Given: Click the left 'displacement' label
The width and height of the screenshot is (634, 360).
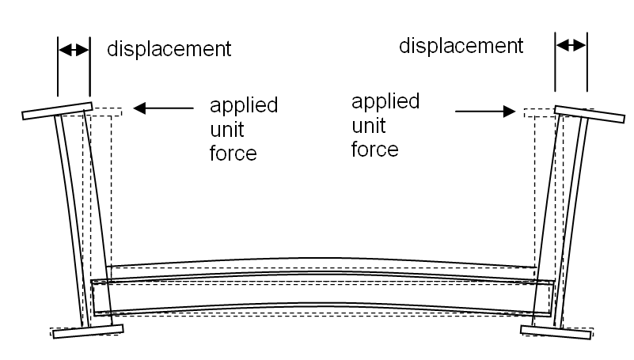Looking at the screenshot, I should [169, 49].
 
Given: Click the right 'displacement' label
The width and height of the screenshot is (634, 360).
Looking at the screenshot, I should [461, 45].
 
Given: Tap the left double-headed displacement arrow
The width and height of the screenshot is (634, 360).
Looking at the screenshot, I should [74, 49].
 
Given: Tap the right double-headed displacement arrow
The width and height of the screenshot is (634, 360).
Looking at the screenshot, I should [571, 46].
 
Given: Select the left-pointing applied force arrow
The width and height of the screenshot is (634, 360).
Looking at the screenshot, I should [163, 108].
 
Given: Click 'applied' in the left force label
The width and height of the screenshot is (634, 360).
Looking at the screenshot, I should [243, 106].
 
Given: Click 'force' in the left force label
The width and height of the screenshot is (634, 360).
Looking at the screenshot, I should [233, 153].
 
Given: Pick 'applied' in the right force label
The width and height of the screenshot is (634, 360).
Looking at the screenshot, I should [385, 101].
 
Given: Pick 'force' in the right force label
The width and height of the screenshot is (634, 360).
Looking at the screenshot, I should [375, 148].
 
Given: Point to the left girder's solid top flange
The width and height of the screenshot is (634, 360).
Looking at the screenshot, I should [57, 110].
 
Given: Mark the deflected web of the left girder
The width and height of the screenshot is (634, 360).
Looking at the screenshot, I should [70, 222].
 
